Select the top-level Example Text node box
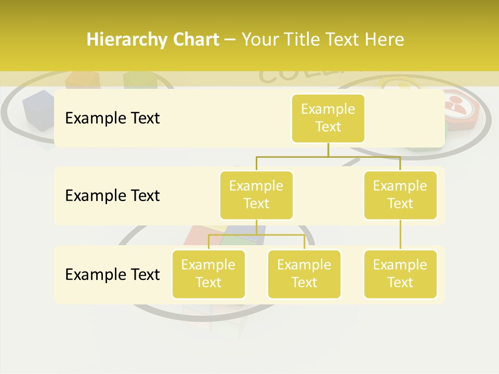click(328, 118)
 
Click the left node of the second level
click(256, 195)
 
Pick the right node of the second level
click(400, 195)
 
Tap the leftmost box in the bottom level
click(208, 274)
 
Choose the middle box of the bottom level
click(304, 274)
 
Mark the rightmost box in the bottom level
click(400, 274)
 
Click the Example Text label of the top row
click(112, 118)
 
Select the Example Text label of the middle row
click(112, 196)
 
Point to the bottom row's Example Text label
click(112, 274)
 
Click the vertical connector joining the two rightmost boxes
click(400, 235)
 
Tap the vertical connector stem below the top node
click(328, 150)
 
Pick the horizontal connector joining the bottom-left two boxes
click(256, 235)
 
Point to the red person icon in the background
click(458, 106)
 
